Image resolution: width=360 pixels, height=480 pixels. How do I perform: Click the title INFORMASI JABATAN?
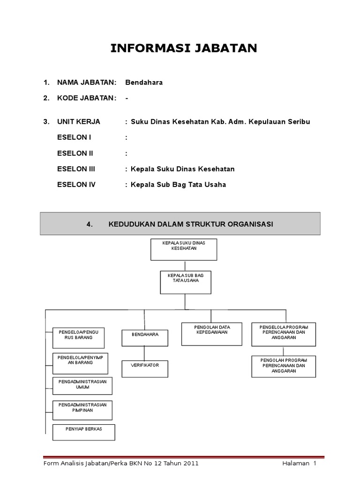click(x=183, y=48)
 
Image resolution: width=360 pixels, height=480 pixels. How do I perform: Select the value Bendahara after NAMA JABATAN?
click(x=144, y=82)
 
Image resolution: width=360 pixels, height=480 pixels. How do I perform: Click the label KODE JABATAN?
click(x=86, y=98)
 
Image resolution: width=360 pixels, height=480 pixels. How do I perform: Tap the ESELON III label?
click(x=76, y=169)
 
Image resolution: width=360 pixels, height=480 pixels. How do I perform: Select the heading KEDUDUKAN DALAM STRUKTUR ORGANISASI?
click(x=190, y=224)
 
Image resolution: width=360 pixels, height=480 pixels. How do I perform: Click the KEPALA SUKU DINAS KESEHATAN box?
click(x=183, y=249)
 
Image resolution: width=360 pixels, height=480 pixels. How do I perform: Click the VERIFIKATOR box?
click(x=145, y=368)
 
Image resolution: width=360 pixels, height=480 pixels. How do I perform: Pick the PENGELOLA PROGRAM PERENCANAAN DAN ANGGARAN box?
click(x=284, y=333)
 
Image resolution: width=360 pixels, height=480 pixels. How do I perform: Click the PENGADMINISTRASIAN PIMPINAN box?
click(x=82, y=410)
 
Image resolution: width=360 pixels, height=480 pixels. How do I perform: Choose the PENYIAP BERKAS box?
click(x=84, y=433)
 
